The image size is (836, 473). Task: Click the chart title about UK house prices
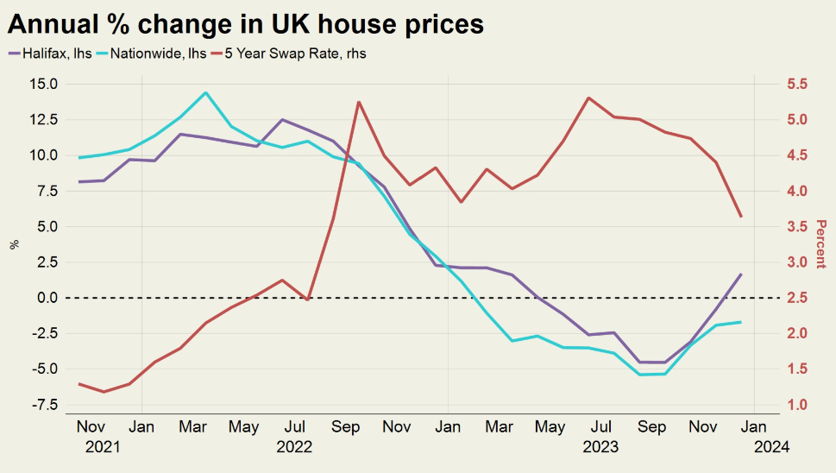point(246,23)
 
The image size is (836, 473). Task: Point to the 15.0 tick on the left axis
point(43,85)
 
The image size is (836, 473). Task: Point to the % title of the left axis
point(14,244)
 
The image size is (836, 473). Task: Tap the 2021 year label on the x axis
point(102,447)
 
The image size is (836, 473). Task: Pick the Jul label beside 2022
point(295,426)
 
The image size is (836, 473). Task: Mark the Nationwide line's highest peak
point(205,92)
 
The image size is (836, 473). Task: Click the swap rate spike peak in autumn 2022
point(358,102)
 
